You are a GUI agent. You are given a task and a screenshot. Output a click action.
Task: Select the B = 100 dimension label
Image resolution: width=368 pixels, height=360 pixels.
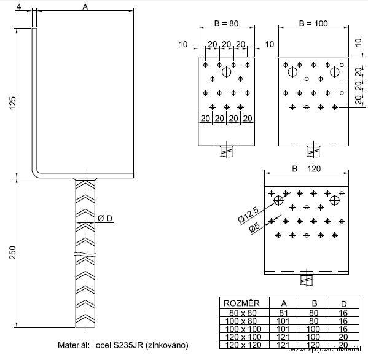(x=313, y=23)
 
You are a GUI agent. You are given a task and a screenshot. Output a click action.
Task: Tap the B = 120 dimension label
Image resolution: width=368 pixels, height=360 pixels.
(x=307, y=168)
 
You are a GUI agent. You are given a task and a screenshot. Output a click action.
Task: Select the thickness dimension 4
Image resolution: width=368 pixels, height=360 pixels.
(x=20, y=6)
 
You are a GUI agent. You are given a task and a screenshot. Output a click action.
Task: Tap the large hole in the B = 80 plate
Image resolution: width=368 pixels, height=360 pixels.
(x=227, y=72)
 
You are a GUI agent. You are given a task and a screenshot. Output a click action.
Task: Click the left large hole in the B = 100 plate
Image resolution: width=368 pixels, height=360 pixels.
(x=292, y=72)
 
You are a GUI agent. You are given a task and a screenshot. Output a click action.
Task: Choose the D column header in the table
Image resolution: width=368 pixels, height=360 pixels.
(x=343, y=303)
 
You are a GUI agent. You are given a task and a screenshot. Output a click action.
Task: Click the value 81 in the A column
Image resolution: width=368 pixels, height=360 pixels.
(x=282, y=313)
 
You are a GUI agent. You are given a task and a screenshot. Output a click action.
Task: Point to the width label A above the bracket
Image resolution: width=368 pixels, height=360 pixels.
(x=85, y=6)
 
